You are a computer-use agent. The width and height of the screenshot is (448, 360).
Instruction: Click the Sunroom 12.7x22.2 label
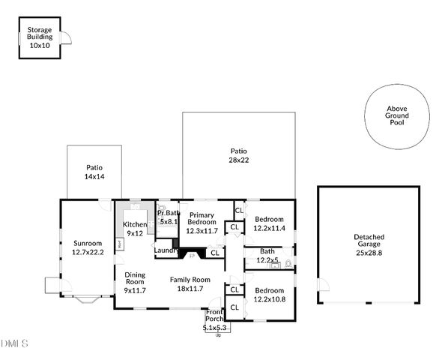pyautogui.click(x=88, y=247)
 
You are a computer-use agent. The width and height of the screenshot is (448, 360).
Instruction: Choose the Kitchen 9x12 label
pyautogui.click(x=135, y=229)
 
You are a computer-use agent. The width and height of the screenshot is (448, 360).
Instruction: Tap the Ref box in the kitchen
pyautogui.click(x=119, y=244)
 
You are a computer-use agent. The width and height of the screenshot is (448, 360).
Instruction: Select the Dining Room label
pyautogui.click(x=135, y=282)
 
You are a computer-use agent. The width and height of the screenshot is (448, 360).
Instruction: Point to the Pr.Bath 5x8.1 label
pyautogui.click(x=167, y=217)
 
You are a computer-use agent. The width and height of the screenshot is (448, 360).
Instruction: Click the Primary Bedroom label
pyautogui.click(x=202, y=223)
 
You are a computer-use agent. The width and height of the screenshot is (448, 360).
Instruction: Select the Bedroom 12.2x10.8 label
pyautogui.click(x=269, y=294)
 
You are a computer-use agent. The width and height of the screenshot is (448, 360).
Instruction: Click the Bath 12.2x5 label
pyautogui.click(x=267, y=256)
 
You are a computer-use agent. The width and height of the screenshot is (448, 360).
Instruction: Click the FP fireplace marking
pyautogui.click(x=192, y=256)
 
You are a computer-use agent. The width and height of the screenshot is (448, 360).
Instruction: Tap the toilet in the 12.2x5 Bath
pyautogui.click(x=288, y=264)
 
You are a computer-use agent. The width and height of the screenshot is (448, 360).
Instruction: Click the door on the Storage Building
pyautogui.click(x=65, y=39)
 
